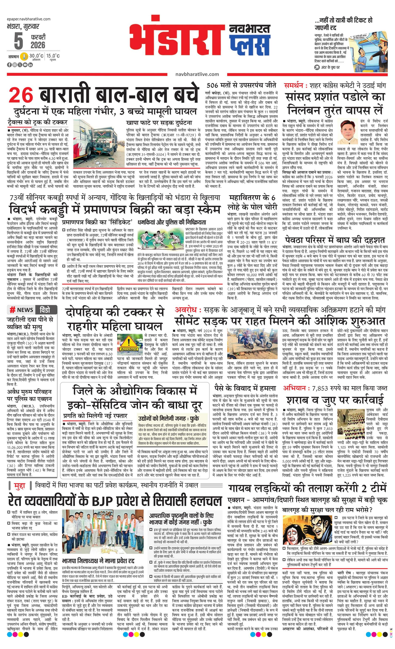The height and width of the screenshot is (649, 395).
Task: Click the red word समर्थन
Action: coord(296,86)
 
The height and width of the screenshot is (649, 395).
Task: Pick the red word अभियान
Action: coord(294,388)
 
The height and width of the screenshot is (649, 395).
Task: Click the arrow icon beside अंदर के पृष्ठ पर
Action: coord(317,67)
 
